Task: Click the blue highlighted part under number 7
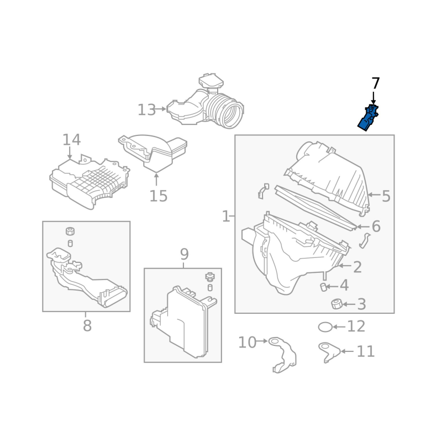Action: pyautogui.click(x=369, y=118)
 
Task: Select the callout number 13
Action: pyautogui.click(x=146, y=110)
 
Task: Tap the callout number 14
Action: pyautogui.click(x=71, y=140)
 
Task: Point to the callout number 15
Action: pyautogui.click(x=159, y=196)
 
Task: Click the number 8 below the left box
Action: pyautogui.click(x=87, y=326)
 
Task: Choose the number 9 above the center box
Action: pyautogui.click(x=184, y=254)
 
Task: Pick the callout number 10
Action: pyautogui.click(x=247, y=343)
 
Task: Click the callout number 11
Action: pyautogui.click(x=366, y=351)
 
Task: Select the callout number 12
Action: pyautogui.click(x=356, y=327)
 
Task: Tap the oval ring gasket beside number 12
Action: pyautogui.click(x=325, y=327)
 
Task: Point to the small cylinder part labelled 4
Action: pyautogui.click(x=323, y=286)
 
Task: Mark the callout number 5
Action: pyautogui.click(x=386, y=196)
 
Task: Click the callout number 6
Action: pyautogui.click(x=376, y=227)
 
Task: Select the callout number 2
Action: pyautogui.click(x=357, y=267)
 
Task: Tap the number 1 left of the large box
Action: pyautogui.click(x=225, y=216)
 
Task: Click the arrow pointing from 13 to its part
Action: pyautogui.click(x=161, y=109)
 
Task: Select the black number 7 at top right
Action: pyautogui.click(x=376, y=83)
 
